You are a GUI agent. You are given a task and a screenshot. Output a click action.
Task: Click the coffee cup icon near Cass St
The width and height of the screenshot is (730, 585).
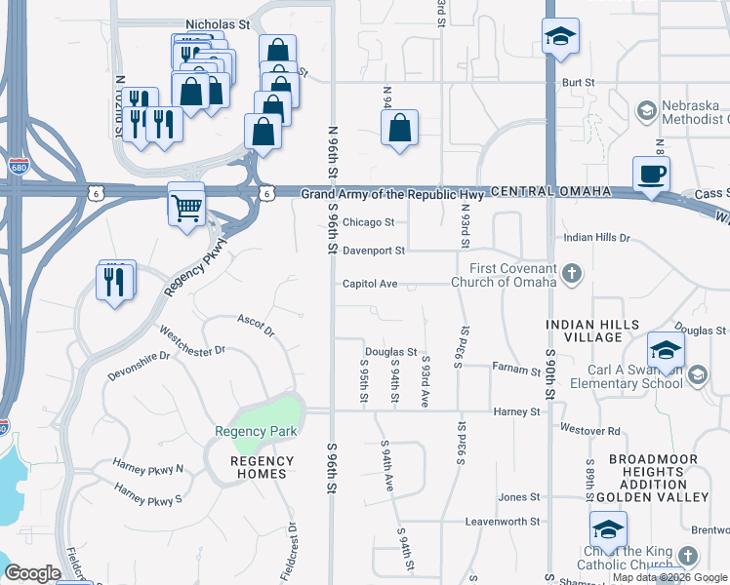651,175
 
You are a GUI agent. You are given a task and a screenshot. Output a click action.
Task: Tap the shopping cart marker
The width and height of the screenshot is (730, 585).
185,205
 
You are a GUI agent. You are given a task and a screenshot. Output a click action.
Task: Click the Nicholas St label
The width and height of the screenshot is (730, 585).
220,21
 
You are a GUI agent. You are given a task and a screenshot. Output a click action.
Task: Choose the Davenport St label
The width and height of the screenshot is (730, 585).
374,251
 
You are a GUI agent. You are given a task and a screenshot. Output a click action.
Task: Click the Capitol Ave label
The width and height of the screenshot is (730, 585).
370,284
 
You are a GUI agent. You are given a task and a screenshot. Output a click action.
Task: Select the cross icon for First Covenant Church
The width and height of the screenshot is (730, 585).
572,275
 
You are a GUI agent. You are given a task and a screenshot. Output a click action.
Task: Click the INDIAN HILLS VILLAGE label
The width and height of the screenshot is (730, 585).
592,331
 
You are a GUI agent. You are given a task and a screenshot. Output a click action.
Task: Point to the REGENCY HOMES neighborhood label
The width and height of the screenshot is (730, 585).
262,468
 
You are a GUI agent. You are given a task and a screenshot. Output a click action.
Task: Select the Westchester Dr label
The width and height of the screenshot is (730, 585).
193,341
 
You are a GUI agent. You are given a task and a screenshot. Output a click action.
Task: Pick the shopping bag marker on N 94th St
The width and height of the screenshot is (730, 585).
399,127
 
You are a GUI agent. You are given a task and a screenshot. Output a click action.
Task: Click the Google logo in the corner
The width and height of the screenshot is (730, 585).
32,573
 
